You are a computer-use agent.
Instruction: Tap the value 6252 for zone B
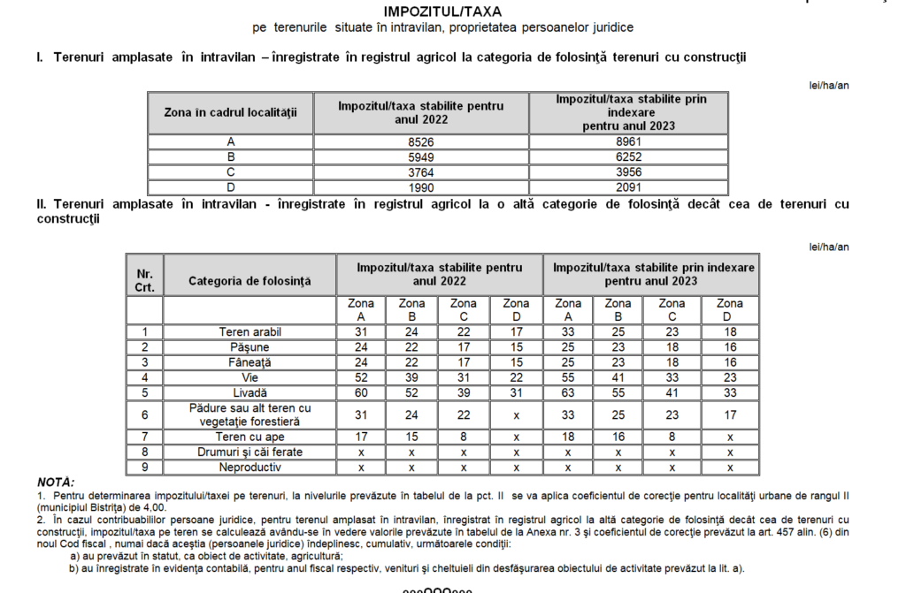(629, 156)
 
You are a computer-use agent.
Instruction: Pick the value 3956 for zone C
(629, 172)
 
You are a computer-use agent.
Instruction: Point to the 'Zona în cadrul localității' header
(231, 112)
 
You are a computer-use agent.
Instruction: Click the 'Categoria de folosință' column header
(250, 281)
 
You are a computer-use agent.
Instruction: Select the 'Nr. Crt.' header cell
(144, 281)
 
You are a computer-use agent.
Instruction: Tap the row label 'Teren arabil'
(250, 332)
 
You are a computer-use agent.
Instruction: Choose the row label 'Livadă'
(250, 392)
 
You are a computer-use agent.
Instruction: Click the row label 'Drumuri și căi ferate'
(250, 452)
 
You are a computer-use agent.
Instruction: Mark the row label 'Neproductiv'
(250, 468)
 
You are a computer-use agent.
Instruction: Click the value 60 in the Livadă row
(361, 392)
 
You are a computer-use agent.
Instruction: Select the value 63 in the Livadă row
(568, 392)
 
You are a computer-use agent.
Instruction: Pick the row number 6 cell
(144, 414)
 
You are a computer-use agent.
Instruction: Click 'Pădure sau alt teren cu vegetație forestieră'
(250, 414)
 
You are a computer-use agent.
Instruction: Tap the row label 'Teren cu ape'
(250, 437)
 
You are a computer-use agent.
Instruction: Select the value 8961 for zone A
(629, 141)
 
